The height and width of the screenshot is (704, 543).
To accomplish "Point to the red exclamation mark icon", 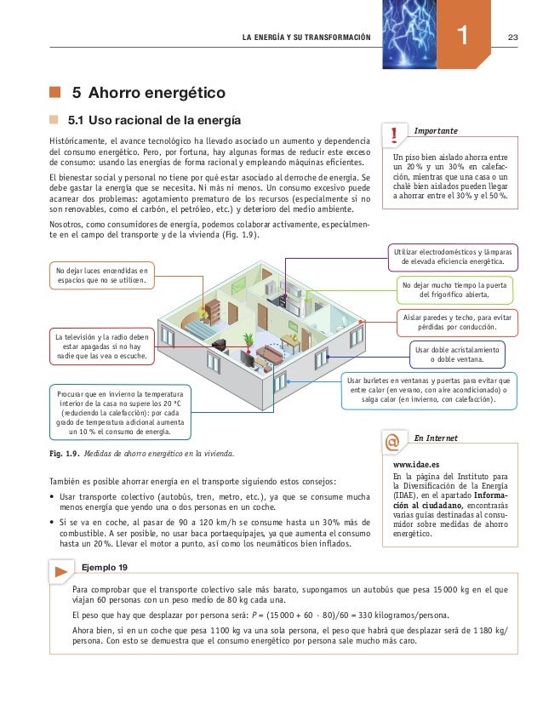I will click(394, 135).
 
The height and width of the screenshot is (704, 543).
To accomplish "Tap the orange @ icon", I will click(392, 443).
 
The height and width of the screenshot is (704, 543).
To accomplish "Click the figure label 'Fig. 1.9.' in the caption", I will click(66, 452).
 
